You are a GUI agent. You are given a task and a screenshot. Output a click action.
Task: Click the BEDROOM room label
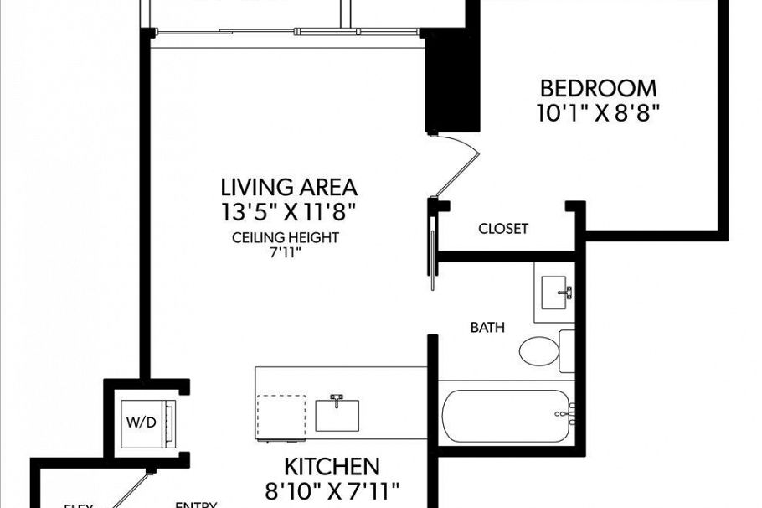click(x=598, y=88)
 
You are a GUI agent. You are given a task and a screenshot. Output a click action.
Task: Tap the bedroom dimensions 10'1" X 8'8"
click(x=598, y=112)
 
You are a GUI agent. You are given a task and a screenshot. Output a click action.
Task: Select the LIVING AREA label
click(x=289, y=186)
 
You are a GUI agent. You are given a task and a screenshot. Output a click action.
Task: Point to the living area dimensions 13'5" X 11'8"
click(x=289, y=211)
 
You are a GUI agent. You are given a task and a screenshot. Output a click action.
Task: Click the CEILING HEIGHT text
click(x=286, y=237)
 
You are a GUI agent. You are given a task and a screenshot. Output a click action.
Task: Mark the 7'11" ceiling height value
click(x=285, y=251)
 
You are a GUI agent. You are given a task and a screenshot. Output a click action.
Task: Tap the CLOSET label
click(x=502, y=228)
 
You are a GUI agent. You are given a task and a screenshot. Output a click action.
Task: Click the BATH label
click(x=487, y=328)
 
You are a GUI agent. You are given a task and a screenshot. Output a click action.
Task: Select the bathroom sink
click(x=554, y=293)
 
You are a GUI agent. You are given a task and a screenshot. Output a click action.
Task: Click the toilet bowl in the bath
click(x=538, y=350)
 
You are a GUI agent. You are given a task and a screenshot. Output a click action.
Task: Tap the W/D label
click(x=141, y=422)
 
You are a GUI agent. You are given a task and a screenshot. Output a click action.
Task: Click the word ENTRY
click(x=196, y=505)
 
